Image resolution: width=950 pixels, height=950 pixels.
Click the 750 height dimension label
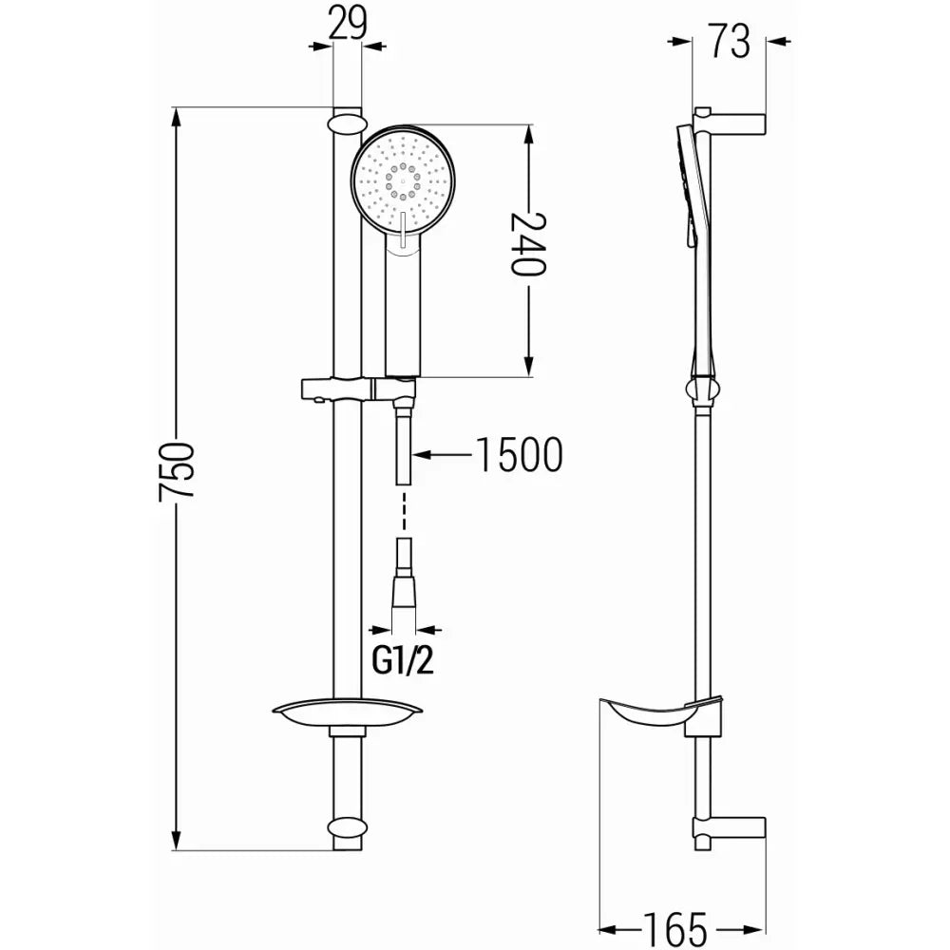click(178, 471)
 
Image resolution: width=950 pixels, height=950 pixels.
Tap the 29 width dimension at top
click(349, 23)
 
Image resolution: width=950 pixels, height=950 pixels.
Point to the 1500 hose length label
click(517, 455)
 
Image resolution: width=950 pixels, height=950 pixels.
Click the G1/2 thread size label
click(403, 660)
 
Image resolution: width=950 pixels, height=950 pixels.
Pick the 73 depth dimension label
click(729, 42)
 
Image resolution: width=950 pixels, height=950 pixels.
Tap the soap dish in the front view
click(347, 712)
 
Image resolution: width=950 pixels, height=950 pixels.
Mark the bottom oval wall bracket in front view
click(348, 828)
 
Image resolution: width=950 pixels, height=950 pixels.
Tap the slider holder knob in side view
click(703, 390)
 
